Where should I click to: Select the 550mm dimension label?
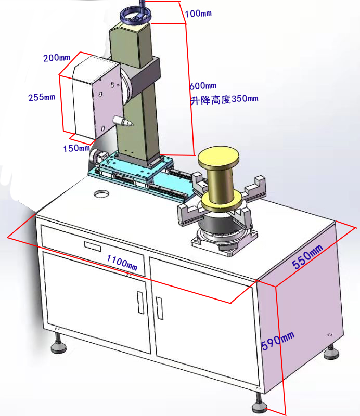point(307,256)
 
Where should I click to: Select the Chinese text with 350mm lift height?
point(224,99)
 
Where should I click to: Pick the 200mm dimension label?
point(57,58)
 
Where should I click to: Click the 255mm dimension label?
point(41,97)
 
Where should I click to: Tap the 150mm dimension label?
point(76,148)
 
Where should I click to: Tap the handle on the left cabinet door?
point(139,302)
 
